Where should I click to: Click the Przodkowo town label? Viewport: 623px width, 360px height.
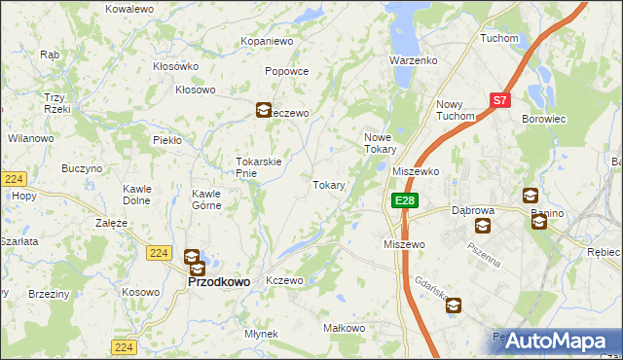coord(218,281)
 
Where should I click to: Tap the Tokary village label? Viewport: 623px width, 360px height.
coord(329,185)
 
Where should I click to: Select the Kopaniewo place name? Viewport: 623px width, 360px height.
coord(267,42)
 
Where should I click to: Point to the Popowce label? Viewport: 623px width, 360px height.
coord(287,71)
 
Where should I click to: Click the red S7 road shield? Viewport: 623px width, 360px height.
coord(499,99)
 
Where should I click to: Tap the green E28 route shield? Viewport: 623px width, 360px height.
coord(406,200)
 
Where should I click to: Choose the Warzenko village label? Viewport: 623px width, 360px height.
coord(414,60)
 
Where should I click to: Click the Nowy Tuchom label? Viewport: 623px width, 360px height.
coord(456,110)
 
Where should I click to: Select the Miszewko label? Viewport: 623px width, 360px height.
coord(416,170)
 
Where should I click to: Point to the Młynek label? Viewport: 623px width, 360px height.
coord(262,334)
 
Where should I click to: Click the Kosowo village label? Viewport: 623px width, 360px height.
coord(141,293)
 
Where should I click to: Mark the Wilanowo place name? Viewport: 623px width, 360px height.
coord(30,139)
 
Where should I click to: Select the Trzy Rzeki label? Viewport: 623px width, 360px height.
coord(55,102)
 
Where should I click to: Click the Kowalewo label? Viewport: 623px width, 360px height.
coord(129,8)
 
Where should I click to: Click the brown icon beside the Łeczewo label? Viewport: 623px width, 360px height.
coord(264,111)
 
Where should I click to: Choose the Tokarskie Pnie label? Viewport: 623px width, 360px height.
coord(259,167)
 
